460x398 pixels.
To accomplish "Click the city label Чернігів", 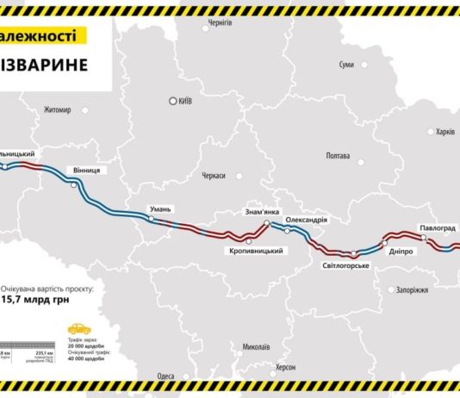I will click(220, 23).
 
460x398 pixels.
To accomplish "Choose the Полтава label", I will click(337, 156).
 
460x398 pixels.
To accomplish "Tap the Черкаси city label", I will click(211, 175).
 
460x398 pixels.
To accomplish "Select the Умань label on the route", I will click(162, 208).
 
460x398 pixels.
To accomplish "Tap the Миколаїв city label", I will click(256, 347).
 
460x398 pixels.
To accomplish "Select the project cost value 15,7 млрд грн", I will click(46, 300).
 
